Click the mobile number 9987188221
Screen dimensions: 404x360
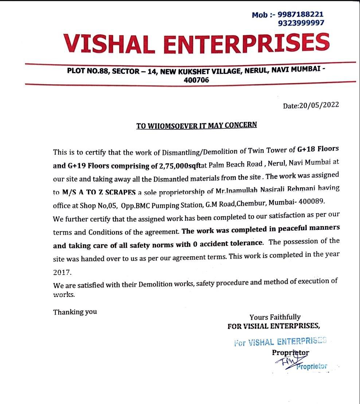pos(300,15)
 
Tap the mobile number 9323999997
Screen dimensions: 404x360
pos(301,23)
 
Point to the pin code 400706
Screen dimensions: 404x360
pos(197,80)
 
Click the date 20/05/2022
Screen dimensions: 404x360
pos(319,105)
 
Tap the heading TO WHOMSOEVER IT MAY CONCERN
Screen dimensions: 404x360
pos(196,125)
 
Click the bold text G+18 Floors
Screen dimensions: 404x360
pos(318,149)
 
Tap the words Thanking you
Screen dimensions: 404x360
pos(75,312)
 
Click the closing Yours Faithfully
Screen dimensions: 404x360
pos(275,317)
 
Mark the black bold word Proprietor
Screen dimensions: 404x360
pos(290,352)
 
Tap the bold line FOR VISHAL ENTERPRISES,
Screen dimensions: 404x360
pos(274,326)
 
